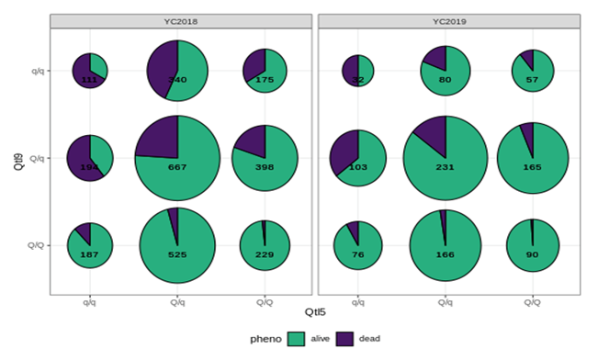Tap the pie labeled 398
coord(265,158)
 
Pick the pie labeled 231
coord(445,158)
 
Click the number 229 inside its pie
coord(265,254)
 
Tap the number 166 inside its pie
coord(445,254)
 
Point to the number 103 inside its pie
coord(357,167)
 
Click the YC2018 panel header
coord(178,21)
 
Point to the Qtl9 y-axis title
coord(18,158)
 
